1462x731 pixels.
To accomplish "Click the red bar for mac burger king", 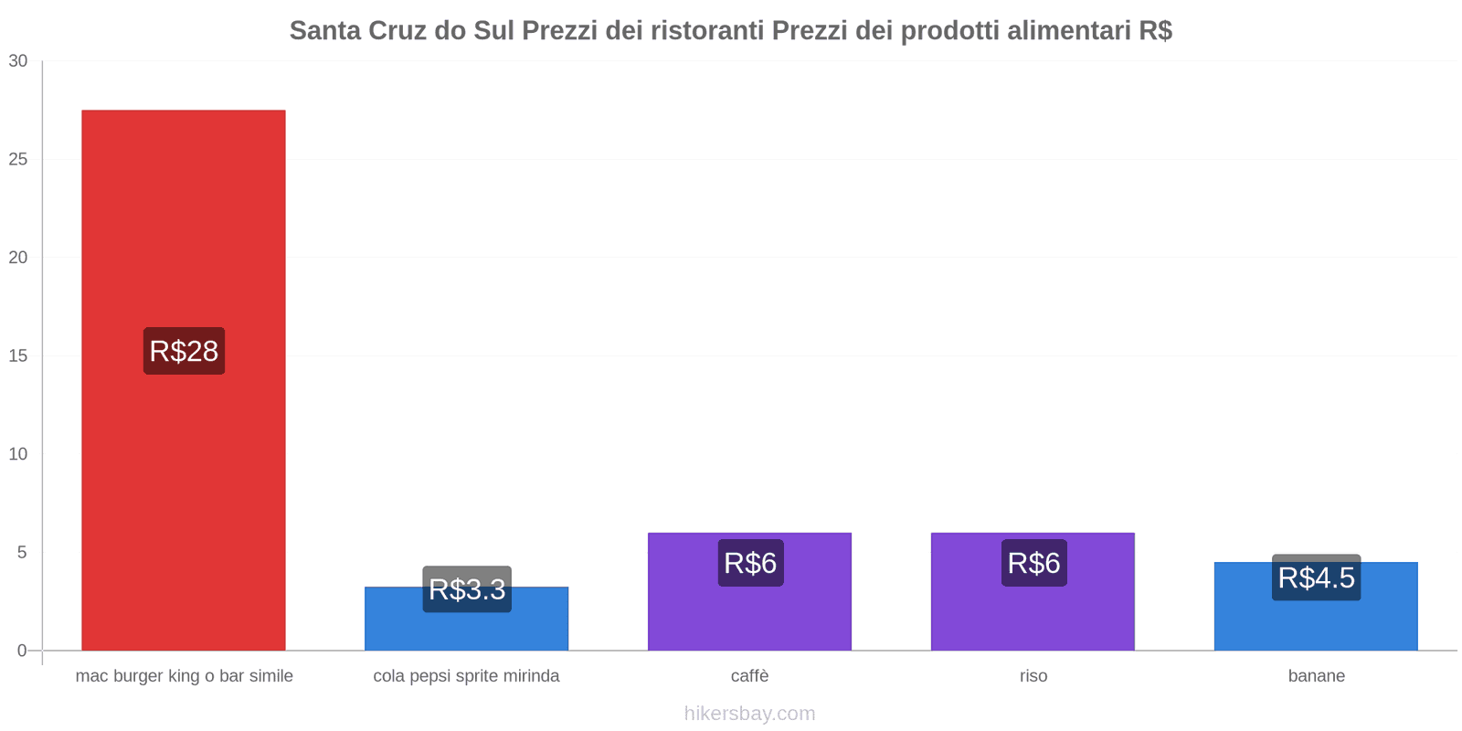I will tap(183, 228).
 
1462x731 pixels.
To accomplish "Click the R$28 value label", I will tap(184, 351).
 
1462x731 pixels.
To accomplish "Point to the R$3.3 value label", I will tap(467, 589).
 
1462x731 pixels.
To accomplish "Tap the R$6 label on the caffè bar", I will tap(750, 563).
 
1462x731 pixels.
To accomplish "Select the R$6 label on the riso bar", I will tap(1033, 563).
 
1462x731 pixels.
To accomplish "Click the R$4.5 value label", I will tap(1316, 577).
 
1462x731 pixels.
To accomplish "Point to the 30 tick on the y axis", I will tap(18, 61).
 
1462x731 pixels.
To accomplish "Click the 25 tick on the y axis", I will tap(18, 160).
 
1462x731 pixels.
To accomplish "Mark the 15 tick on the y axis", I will tap(18, 356).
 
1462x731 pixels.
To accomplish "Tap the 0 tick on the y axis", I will tap(22, 651).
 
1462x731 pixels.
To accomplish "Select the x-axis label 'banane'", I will tap(1316, 676).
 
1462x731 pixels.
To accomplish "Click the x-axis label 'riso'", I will tap(1033, 676).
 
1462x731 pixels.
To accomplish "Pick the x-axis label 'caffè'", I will tap(749, 676).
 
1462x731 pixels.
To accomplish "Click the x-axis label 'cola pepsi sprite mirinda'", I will tap(466, 676).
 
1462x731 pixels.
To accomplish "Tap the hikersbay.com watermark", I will tap(749, 714).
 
